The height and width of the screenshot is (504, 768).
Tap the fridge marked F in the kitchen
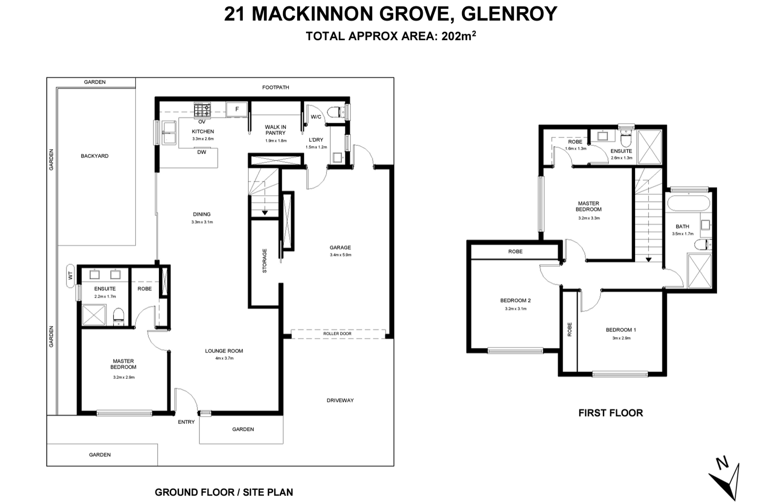point(237,109)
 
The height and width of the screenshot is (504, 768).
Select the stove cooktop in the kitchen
point(202,109)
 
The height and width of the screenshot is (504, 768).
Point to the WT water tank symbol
point(70,276)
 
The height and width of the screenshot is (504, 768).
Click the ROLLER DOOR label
point(337,333)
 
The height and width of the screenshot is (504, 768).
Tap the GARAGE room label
point(340,247)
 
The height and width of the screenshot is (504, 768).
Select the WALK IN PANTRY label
point(276,130)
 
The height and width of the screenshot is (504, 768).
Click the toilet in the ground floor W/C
point(336,112)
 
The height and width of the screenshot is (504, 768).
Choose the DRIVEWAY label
point(340,400)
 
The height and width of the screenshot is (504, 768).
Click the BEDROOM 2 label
point(515,300)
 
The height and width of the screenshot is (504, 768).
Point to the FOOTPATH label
point(276,87)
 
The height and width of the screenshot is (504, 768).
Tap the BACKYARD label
point(94,156)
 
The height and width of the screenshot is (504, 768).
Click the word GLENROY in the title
point(509,14)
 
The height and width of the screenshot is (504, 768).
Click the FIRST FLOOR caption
point(611,413)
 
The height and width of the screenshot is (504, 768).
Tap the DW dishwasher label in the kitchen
point(202,152)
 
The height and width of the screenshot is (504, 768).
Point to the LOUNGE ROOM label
point(224,351)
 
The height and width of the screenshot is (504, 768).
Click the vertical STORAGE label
point(265,261)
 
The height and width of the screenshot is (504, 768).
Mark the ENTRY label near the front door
point(186,422)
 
